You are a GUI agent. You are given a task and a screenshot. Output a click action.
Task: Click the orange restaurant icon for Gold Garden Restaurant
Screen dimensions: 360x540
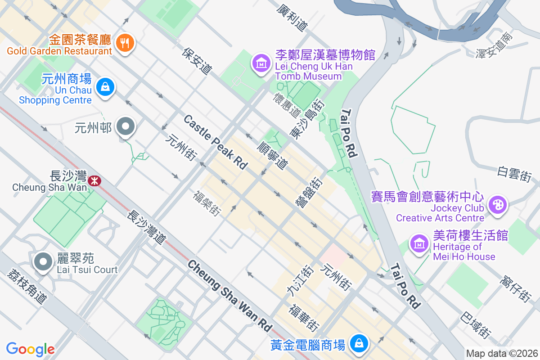(123, 43)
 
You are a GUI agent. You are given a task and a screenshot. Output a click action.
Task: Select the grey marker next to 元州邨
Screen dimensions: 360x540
(126, 127)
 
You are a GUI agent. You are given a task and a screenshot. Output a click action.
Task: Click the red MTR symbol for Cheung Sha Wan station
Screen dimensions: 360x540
(94, 181)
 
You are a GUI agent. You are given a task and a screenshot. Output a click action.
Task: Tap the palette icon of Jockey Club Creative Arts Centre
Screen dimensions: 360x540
(497, 205)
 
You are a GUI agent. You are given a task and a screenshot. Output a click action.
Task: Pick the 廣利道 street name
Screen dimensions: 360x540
(293, 18)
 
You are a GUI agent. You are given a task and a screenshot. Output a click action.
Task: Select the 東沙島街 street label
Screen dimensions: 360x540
(308, 118)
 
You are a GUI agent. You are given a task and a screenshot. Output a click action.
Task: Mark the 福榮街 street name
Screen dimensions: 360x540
(207, 203)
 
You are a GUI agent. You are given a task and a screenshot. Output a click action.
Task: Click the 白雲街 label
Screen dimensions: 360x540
(514, 174)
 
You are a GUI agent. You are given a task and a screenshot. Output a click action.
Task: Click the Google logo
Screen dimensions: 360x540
(31, 349)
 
